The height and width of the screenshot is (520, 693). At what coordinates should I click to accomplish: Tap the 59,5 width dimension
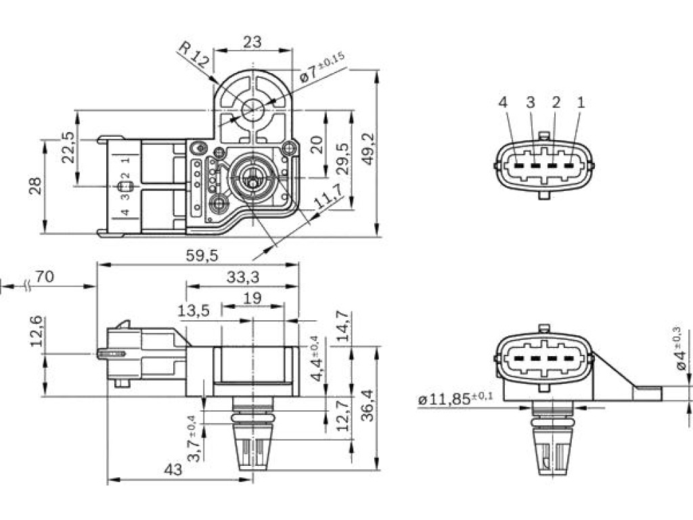point(202,255)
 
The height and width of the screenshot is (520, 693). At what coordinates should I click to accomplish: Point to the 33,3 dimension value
point(243,276)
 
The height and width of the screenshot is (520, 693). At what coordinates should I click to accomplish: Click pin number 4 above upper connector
point(503,102)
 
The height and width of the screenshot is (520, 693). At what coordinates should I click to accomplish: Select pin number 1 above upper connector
point(581,102)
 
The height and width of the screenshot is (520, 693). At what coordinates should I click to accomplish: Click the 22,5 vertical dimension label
point(68,147)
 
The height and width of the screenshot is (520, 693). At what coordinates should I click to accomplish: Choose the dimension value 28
point(35,185)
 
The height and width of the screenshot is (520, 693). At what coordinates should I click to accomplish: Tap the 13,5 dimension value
point(194,310)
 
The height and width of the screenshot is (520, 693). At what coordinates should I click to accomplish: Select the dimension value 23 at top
point(252,42)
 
